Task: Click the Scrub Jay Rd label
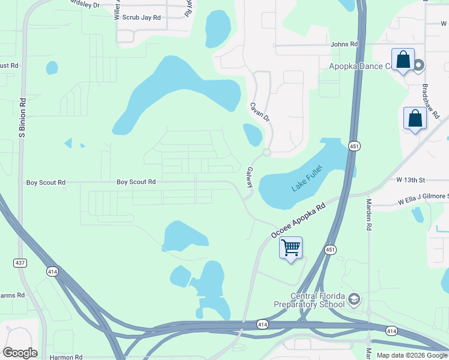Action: coord(142,18)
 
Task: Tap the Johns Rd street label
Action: coord(344,44)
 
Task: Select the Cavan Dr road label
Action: coord(260,112)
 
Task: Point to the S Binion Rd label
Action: coord(22,118)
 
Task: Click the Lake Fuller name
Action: coord(307,178)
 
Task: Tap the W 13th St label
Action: coord(410,180)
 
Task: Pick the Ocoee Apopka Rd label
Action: coord(298,219)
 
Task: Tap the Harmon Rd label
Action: coord(66,357)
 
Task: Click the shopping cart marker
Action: coord(291,247)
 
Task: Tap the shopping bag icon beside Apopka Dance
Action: coord(403,60)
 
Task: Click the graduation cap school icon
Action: coord(354,299)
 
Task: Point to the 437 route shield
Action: coord(20,263)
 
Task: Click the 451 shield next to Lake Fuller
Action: coord(355,146)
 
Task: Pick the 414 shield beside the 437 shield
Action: coord(53,272)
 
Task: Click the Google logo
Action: coord(20,353)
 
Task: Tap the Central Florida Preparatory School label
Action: coord(309,300)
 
